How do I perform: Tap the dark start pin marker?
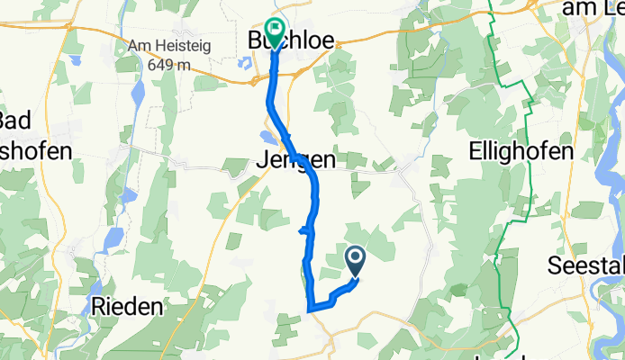[355, 261]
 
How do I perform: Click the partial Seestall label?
[586, 265]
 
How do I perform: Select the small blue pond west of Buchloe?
[245, 65]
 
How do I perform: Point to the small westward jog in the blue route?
[303, 230]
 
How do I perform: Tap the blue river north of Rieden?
[113, 238]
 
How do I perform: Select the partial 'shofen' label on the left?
[36, 151]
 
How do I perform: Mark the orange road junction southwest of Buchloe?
[253, 82]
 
